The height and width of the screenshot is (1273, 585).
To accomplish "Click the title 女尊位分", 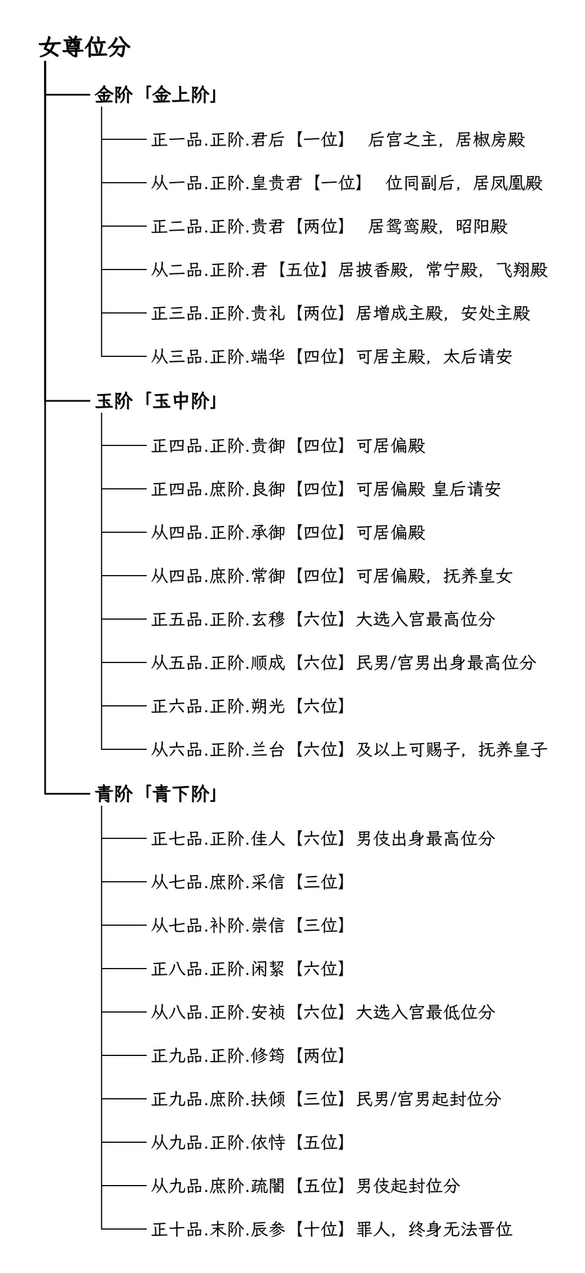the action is coord(85,47).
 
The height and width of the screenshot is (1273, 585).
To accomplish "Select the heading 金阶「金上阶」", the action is coord(156,95).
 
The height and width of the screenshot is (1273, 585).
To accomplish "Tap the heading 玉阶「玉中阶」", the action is coord(156,401).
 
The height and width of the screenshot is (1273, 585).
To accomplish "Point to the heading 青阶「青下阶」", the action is coord(156,794).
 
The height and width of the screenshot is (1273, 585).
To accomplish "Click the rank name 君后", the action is coord(268,139).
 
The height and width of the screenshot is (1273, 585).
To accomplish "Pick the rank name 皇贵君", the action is coord(277,183).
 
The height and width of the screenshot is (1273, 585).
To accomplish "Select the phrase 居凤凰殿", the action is coord(508,183).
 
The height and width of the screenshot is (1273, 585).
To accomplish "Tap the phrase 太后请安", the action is coord(478,356).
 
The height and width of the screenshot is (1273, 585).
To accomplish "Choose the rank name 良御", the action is coord(268,489).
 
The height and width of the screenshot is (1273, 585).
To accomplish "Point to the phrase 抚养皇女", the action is coord(478,576).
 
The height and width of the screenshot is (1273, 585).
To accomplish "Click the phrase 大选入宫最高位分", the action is coord(426,619).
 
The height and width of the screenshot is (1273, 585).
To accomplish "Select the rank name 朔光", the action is coord(268,706).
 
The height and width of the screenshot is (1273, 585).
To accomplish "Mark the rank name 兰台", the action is coord(268,749).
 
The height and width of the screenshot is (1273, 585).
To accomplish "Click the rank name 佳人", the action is coord(268,838).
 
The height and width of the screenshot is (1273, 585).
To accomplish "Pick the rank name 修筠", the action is coord(268,1055).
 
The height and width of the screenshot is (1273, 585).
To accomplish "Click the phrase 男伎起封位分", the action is coord(408,1186).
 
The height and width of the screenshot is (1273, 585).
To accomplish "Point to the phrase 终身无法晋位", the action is coord(460,1229).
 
